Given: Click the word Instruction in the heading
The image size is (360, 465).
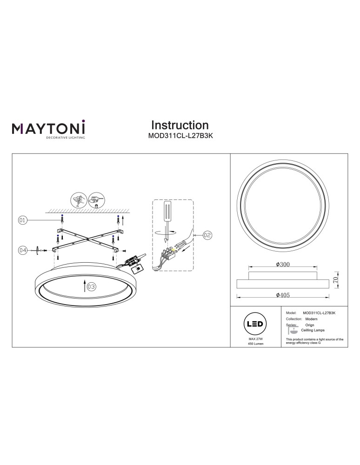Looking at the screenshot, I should coord(180,125).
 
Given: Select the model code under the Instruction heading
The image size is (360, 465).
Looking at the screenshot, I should coord(180,136).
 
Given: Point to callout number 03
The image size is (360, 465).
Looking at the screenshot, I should coord(91,287).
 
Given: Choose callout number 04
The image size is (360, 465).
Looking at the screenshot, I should coord(22,250).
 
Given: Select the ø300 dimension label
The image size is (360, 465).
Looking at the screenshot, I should coord(283,265).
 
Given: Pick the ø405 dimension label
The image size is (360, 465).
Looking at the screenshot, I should coord(283,295).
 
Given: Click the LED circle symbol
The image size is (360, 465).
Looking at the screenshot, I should coord(256,324).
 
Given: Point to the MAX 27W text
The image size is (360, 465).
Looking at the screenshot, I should coord(256,341).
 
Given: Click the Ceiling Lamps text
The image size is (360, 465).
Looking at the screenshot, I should coord(313,330).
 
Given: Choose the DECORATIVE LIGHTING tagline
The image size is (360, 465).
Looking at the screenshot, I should coord(65,138).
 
